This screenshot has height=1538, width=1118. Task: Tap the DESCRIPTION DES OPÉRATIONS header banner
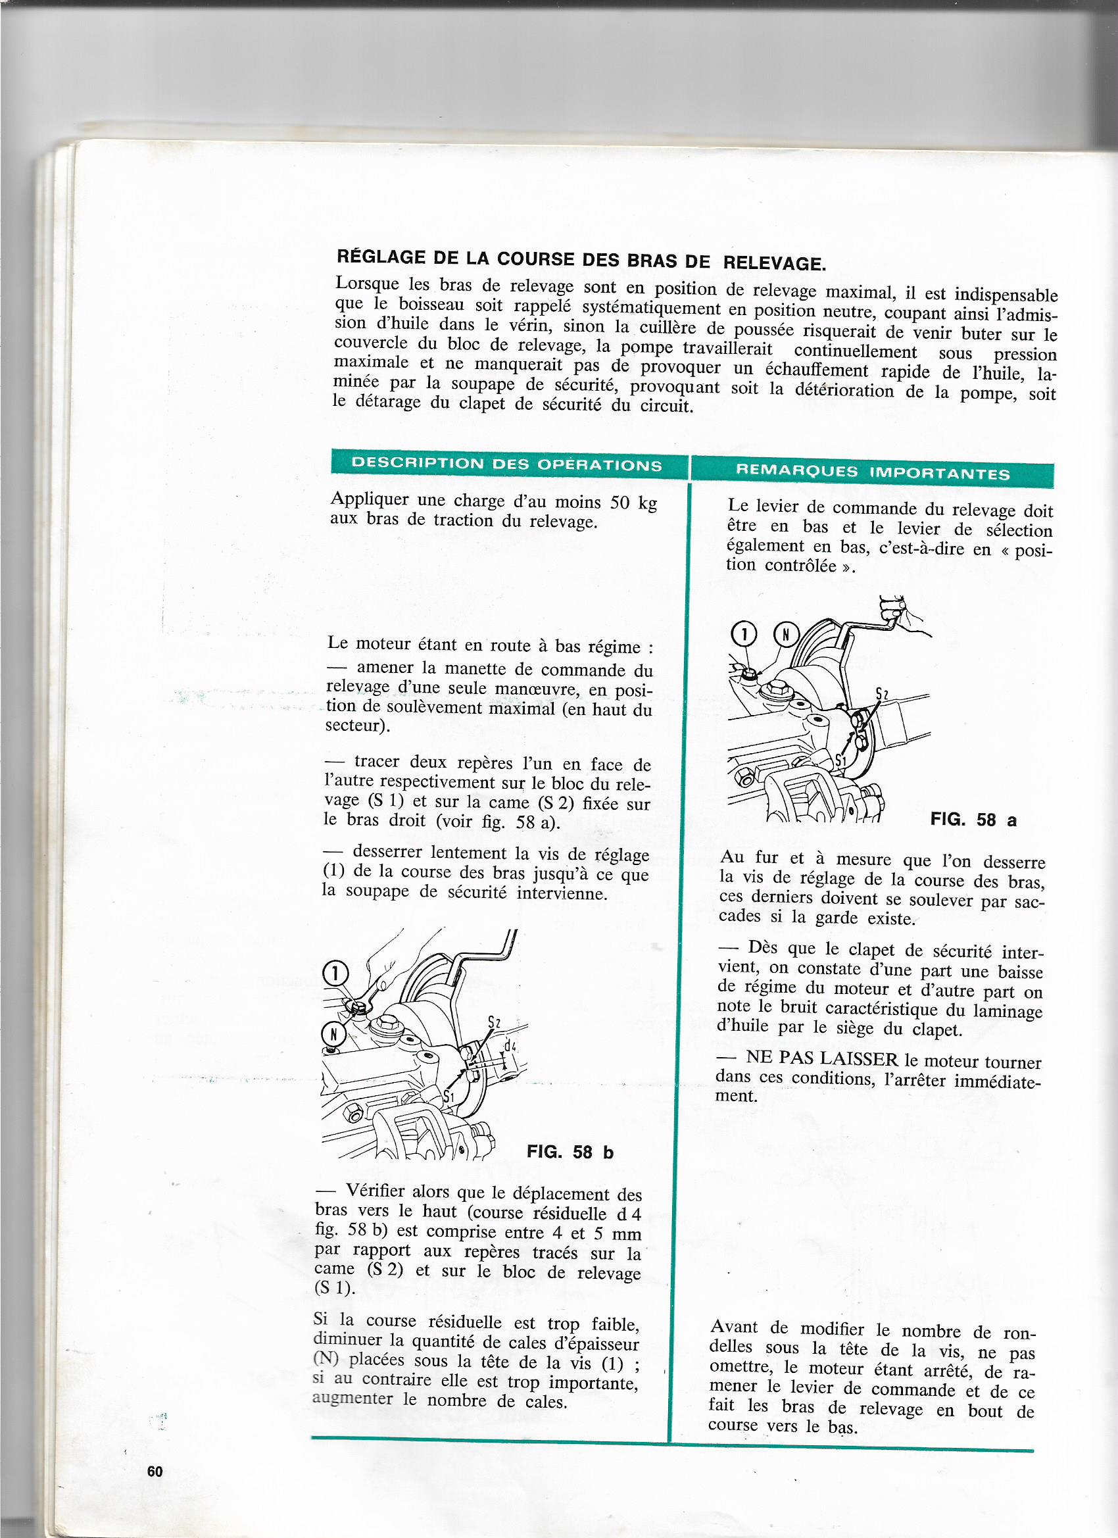[x=506, y=464]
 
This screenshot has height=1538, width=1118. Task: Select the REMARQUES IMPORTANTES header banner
[x=873, y=473]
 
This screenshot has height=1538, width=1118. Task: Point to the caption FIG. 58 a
[x=973, y=820]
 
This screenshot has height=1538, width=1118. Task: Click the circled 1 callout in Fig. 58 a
[x=744, y=635]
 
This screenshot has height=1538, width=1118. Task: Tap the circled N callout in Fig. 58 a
[x=787, y=635]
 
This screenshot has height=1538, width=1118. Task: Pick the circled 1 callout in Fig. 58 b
[x=335, y=974]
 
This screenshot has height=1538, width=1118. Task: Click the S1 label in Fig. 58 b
[x=449, y=1097]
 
